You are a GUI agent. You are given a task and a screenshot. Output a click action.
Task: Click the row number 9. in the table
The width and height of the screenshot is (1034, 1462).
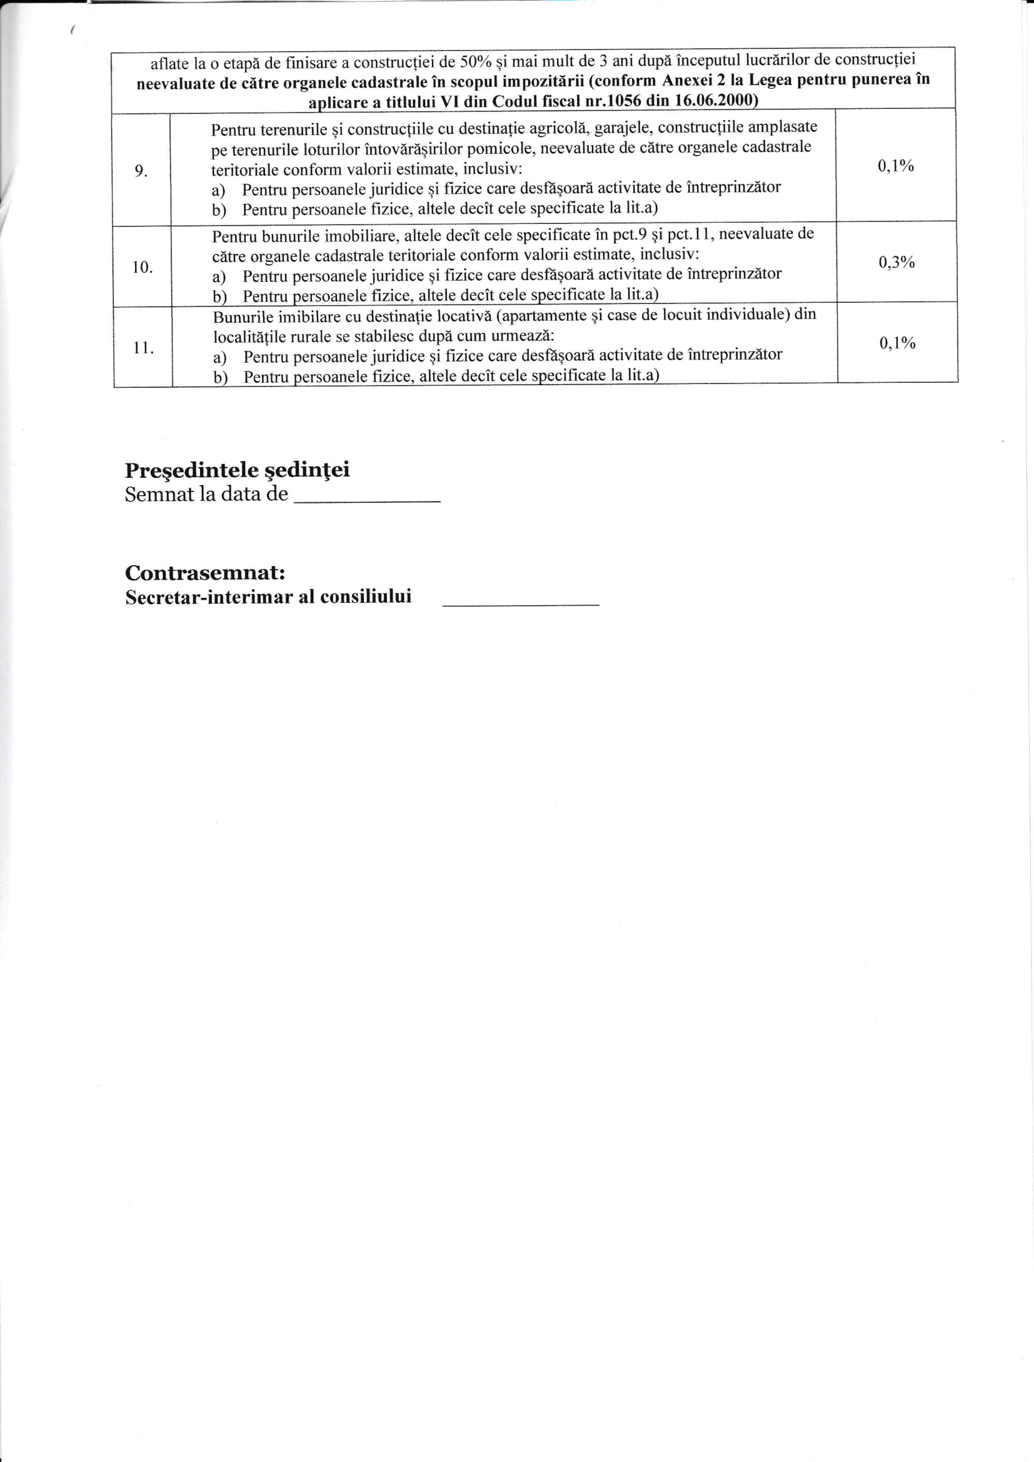[x=141, y=171]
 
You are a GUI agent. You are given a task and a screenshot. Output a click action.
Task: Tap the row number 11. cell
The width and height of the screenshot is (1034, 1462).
[x=143, y=348]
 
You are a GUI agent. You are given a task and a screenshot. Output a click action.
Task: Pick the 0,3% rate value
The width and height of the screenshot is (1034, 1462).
[x=896, y=263]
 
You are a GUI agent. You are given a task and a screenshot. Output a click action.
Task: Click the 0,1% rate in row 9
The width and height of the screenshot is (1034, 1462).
[x=896, y=166]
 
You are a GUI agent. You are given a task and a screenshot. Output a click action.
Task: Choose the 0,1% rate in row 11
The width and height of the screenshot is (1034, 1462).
[x=897, y=343]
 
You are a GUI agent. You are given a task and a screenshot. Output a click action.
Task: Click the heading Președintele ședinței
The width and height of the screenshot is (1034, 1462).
[x=237, y=471]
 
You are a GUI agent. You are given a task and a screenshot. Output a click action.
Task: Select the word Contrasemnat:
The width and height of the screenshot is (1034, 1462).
[x=205, y=572]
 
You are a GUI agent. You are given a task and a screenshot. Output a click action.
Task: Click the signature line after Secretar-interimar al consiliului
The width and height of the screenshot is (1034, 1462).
[x=520, y=602]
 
